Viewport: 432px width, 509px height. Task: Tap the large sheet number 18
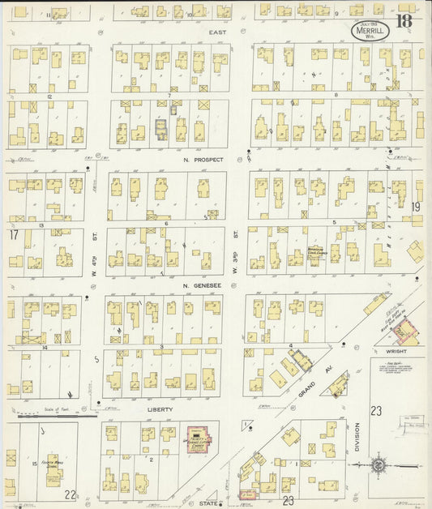pos(404,22)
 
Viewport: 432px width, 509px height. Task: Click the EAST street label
pos(215,32)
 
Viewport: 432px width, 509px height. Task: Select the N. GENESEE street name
pos(197,285)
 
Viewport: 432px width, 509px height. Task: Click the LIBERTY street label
pos(160,410)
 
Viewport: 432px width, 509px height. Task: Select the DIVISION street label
pos(357,439)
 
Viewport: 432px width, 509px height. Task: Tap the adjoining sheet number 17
pos(14,234)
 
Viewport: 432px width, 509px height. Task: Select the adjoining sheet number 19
pos(417,207)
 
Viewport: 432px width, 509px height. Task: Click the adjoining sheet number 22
pos(71,495)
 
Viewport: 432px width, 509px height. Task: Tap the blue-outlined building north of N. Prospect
pos(160,127)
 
